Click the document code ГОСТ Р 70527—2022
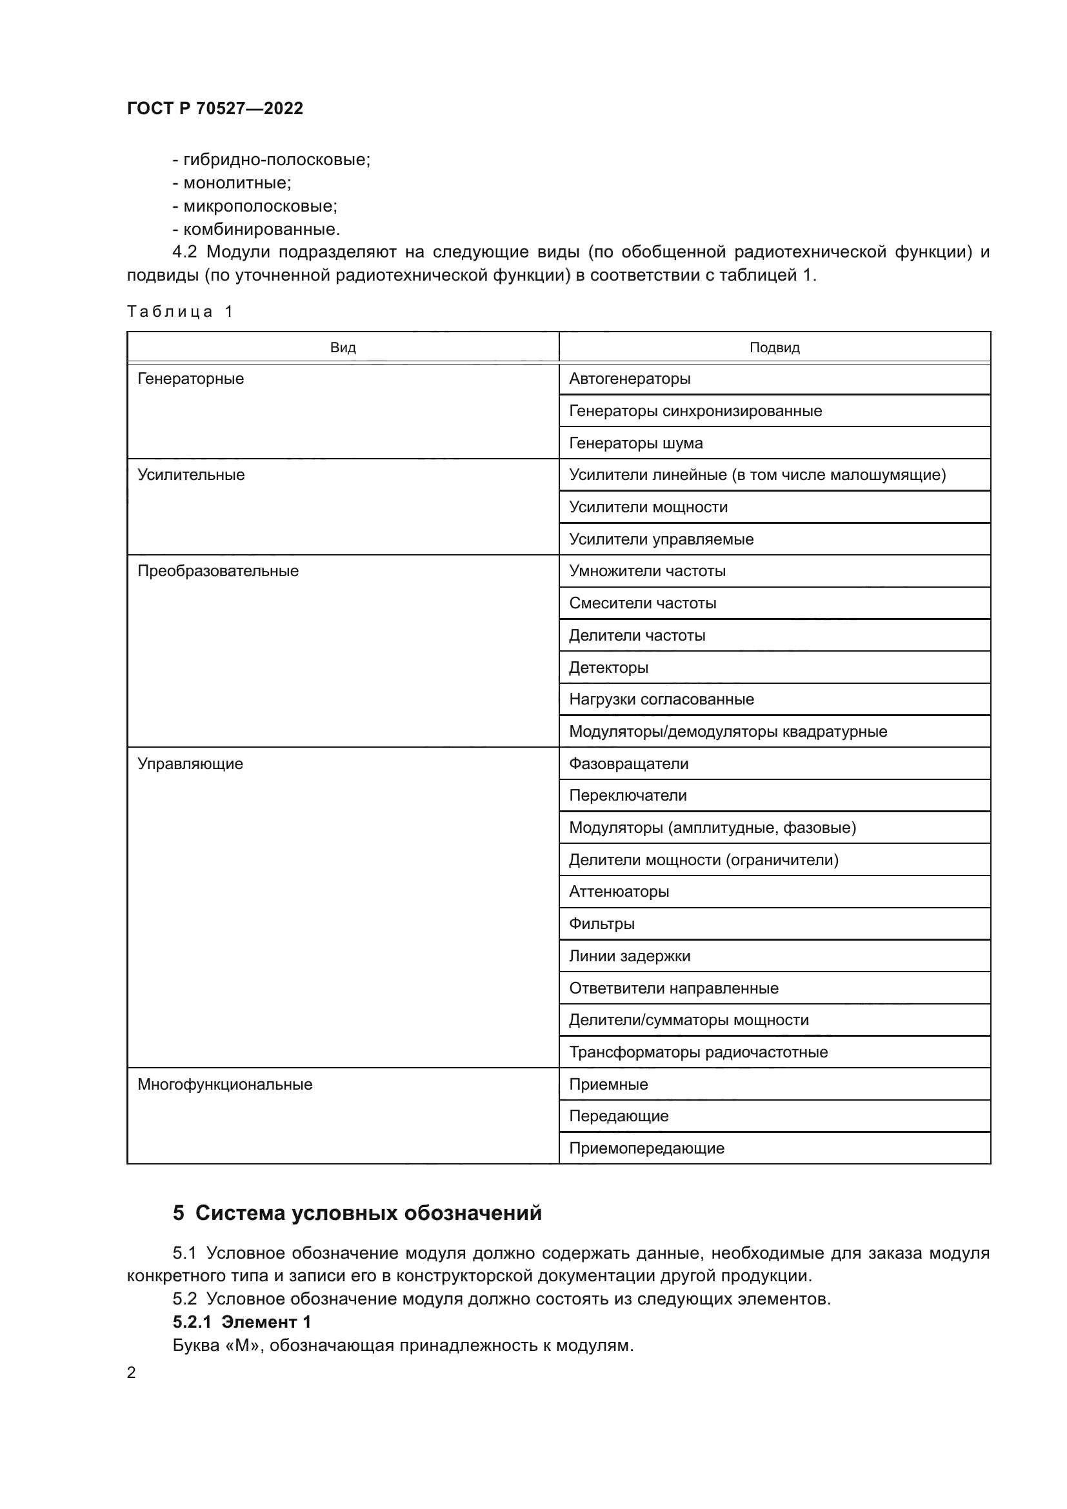pyautogui.click(x=215, y=108)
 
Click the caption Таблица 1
pyautogui.click(x=180, y=312)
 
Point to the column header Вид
pyautogui.click(x=343, y=348)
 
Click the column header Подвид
pyautogui.click(x=775, y=348)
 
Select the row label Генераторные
pyautogui.click(x=190, y=379)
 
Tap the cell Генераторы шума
pyautogui.click(x=635, y=443)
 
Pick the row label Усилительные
pyautogui.click(x=190, y=475)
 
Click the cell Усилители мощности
pyautogui.click(x=648, y=506)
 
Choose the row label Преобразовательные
pyautogui.click(x=217, y=570)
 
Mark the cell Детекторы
pyautogui.click(x=608, y=667)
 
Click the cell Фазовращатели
pyautogui.click(x=628, y=764)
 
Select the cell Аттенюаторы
pyautogui.click(x=619, y=892)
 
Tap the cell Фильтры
pyautogui.click(x=601, y=924)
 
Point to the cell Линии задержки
pyautogui.click(x=630, y=956)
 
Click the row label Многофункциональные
pyautogui.click(x=224, y=1084)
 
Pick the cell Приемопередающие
pyautogui.click(x=646, y=1148)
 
